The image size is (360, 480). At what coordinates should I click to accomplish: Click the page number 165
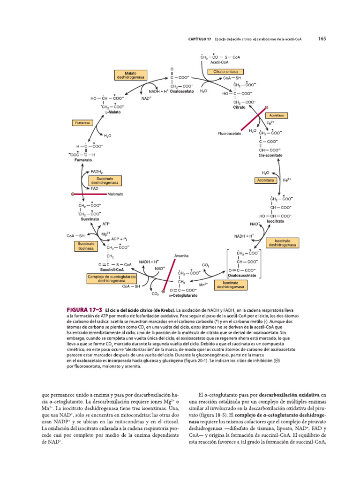[x=322, y=39]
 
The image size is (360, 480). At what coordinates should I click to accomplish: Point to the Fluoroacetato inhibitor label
[x=229, y=134]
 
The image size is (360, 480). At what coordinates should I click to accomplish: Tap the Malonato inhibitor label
[x=115, y=194]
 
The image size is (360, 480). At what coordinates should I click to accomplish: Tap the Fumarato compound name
[x=83, y=160]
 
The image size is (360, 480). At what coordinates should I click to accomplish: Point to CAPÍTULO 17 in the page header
[x=196, y=39]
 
